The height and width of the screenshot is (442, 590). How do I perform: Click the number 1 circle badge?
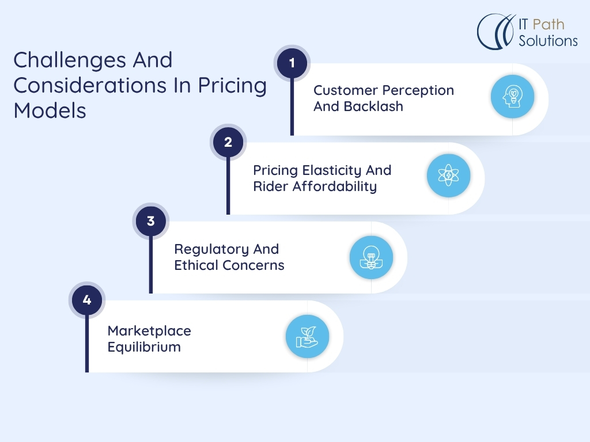click(292, 63)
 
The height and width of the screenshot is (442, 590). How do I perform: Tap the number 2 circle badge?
click(228, 142)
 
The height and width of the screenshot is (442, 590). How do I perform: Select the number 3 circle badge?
click(151, 221)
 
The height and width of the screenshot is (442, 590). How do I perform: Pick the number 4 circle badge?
click(87, 300)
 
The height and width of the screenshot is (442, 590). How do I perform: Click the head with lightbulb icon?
click(512, 97)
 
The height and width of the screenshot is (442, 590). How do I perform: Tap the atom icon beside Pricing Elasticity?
click(448, 176)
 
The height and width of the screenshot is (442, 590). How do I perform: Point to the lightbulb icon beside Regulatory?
click(371, 257)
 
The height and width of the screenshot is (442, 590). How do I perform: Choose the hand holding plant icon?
click(307, 336)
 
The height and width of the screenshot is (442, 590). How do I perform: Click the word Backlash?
click(373, 106)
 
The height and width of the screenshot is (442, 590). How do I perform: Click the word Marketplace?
click(149, 331)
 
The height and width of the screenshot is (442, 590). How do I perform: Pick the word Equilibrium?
click(144, 347)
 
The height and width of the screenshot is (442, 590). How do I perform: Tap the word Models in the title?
click(50, 110)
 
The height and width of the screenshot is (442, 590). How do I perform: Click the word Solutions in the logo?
click(547, 40)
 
